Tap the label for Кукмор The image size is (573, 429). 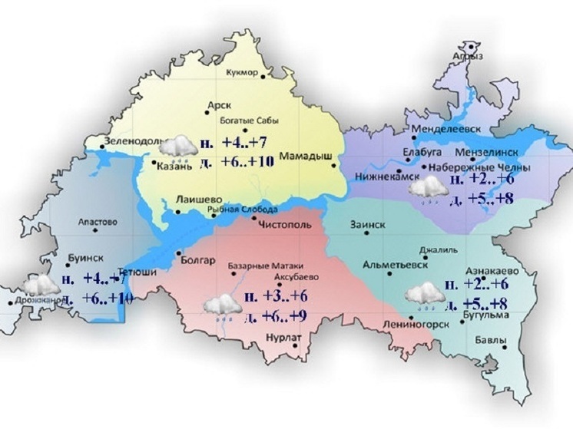(244, 72)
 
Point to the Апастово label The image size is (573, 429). (98, 223)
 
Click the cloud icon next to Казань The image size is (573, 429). (180, 145)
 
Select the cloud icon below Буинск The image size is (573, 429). (41, 286)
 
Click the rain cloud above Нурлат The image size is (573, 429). (222, 305)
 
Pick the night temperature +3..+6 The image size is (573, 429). (277, 296)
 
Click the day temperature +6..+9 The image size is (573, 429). (277, 315)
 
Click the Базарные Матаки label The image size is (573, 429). (258, 267)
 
